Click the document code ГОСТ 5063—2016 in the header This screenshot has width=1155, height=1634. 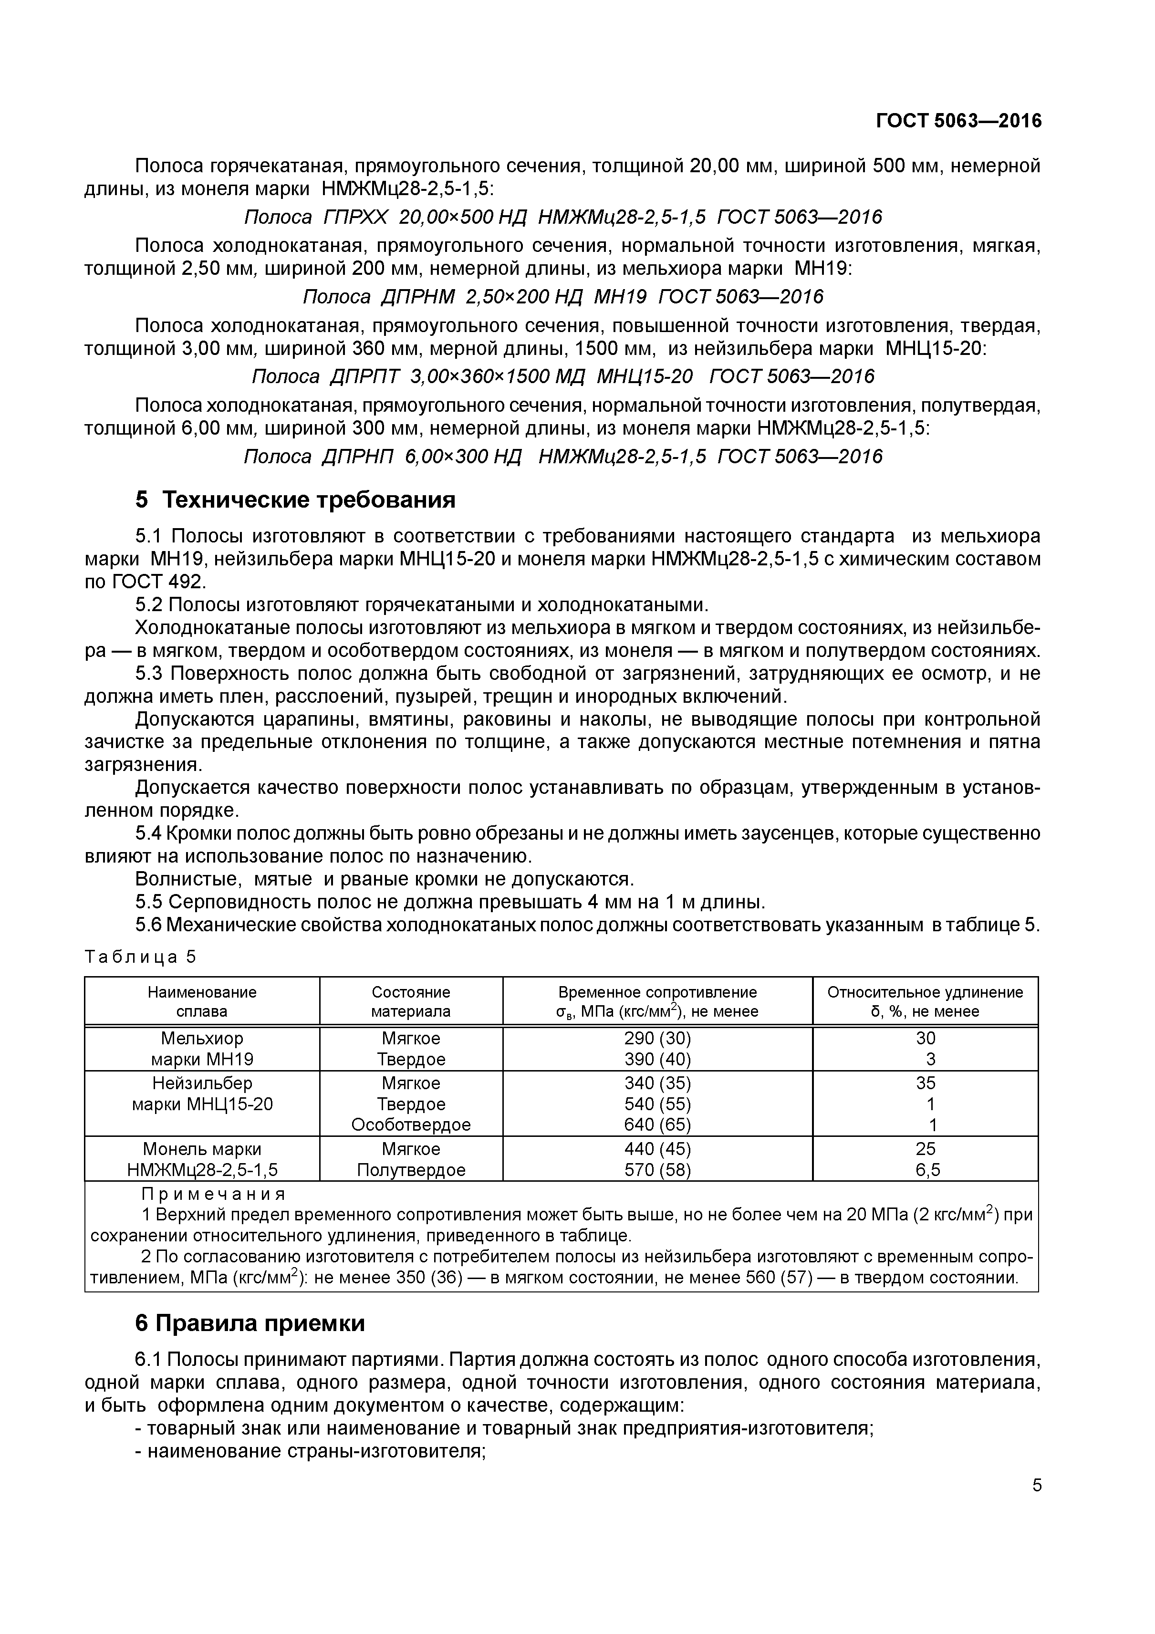958,121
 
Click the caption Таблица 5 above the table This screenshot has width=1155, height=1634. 139,957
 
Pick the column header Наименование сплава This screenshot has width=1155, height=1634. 202,1001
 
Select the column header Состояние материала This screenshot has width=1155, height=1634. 411,1001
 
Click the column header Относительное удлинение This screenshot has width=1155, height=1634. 925,992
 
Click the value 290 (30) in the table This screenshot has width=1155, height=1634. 657,1038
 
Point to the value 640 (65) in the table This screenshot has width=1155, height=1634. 657,1124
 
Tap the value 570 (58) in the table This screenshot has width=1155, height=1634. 657,1169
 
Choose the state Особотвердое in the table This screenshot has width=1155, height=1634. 411,1124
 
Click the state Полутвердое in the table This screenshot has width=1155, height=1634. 411,1169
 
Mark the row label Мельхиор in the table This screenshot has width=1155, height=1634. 202,1038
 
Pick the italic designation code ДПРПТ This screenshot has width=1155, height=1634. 365,376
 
